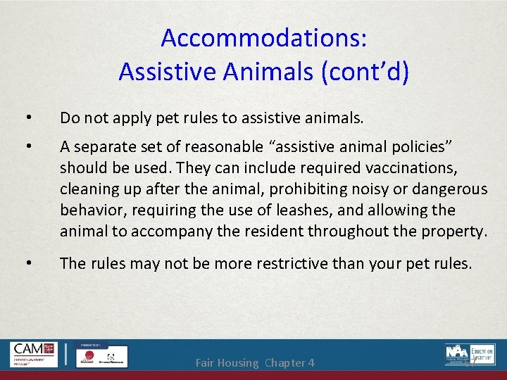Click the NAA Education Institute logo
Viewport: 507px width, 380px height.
[x=470, y=354]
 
